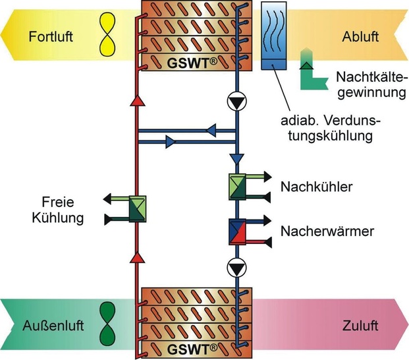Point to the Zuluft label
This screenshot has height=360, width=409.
(360, 325)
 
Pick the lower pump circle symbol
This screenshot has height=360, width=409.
(236, 267)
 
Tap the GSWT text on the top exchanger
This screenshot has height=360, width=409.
(186, 63)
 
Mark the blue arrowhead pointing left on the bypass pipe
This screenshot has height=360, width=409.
(211, 130)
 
